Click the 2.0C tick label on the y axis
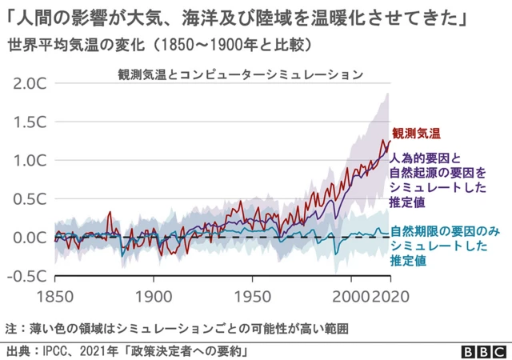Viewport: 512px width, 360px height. [30, 83]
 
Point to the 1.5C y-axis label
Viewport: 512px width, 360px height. [30, 122]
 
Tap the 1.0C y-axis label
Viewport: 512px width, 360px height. [30, 160]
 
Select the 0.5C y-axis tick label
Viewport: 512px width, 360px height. [30, 198]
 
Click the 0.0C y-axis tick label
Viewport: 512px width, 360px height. [30, 237]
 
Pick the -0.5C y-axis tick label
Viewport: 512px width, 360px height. [27, 275]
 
